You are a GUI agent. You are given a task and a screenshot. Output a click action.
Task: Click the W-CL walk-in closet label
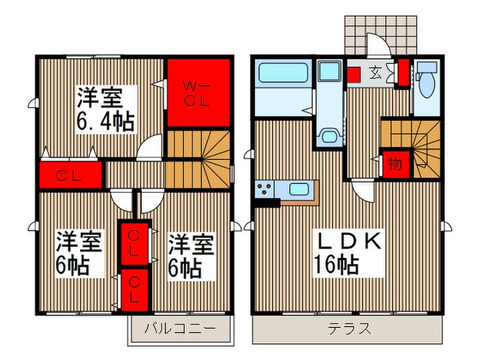coord(198,93)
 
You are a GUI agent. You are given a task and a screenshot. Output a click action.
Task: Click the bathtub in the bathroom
coord(283,73)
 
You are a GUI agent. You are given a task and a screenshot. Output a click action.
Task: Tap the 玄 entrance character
coord(377,70)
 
